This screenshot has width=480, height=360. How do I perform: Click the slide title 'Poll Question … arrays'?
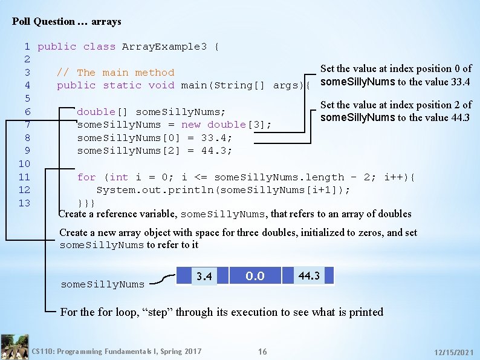[x=66, y=22]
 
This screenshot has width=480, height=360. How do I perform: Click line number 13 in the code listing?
[x=24, y=203]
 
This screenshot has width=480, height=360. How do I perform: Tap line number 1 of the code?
[x=27, y=47]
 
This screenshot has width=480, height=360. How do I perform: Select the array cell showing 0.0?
[x=255, y=276]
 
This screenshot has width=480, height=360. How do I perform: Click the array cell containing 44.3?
[x=309, y=276]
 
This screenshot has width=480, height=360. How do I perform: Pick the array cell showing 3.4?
[x=204, y=277]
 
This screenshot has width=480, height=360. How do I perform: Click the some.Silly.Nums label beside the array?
[x=103, y=284]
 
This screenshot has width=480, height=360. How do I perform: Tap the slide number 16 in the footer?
[x=262, y=352]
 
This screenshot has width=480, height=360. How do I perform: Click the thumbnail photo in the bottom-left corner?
[x=15, y=347]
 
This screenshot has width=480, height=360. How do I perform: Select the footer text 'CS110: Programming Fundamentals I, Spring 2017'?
[x=117, y=352]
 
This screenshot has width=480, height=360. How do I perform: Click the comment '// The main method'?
[x=115, y=73]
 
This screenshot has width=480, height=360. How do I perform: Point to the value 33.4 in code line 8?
[x=214, y=138]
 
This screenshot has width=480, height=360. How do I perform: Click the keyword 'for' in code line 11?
[x=86, y=177]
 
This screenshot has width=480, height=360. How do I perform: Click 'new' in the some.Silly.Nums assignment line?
[x=191, y=125]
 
